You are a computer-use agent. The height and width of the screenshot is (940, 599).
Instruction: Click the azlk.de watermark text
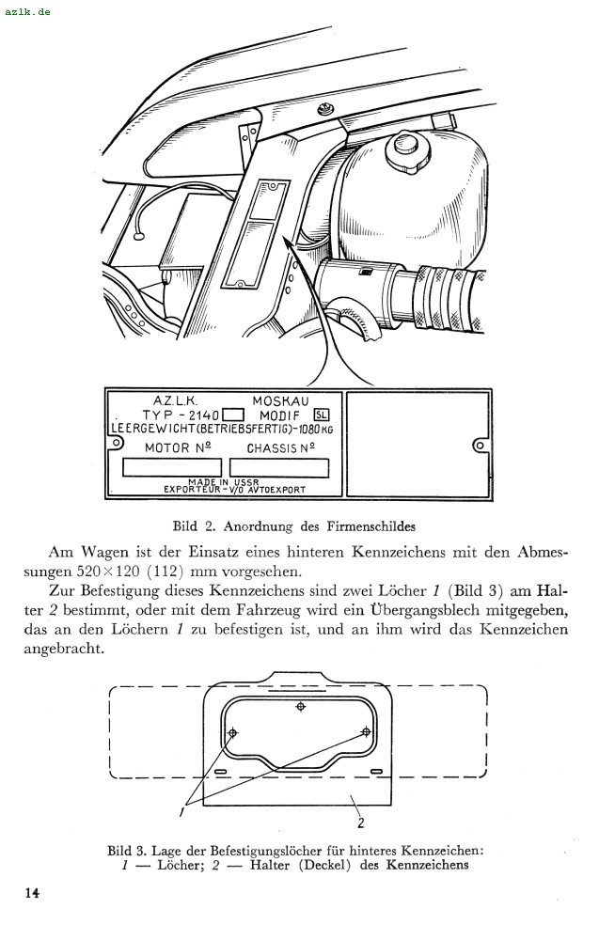click(x=27, y=11)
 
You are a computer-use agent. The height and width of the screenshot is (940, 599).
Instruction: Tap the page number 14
click(x=32, y=892)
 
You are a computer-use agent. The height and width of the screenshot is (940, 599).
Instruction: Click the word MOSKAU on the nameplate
click(x=281, y=400)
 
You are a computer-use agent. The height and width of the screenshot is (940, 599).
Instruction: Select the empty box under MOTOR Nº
click(x=172, y=467)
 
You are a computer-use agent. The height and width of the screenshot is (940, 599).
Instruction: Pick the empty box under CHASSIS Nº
click(x=279, y=467)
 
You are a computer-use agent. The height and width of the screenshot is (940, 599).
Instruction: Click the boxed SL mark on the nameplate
click(x=322, y=415)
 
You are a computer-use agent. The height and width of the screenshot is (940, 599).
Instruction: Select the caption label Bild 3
click(x=126, y=852)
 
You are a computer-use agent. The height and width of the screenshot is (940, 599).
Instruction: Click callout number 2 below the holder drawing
click(x=361, y=822)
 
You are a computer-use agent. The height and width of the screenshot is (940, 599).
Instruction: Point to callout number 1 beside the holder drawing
click(x=181, y=810)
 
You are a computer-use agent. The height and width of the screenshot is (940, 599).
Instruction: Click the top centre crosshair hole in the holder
click(x=300, y=707)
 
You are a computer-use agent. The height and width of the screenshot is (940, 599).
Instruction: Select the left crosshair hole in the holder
click(x=233, y=732)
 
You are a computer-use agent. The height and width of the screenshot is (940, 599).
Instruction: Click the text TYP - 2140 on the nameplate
click(x=180, y=415)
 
